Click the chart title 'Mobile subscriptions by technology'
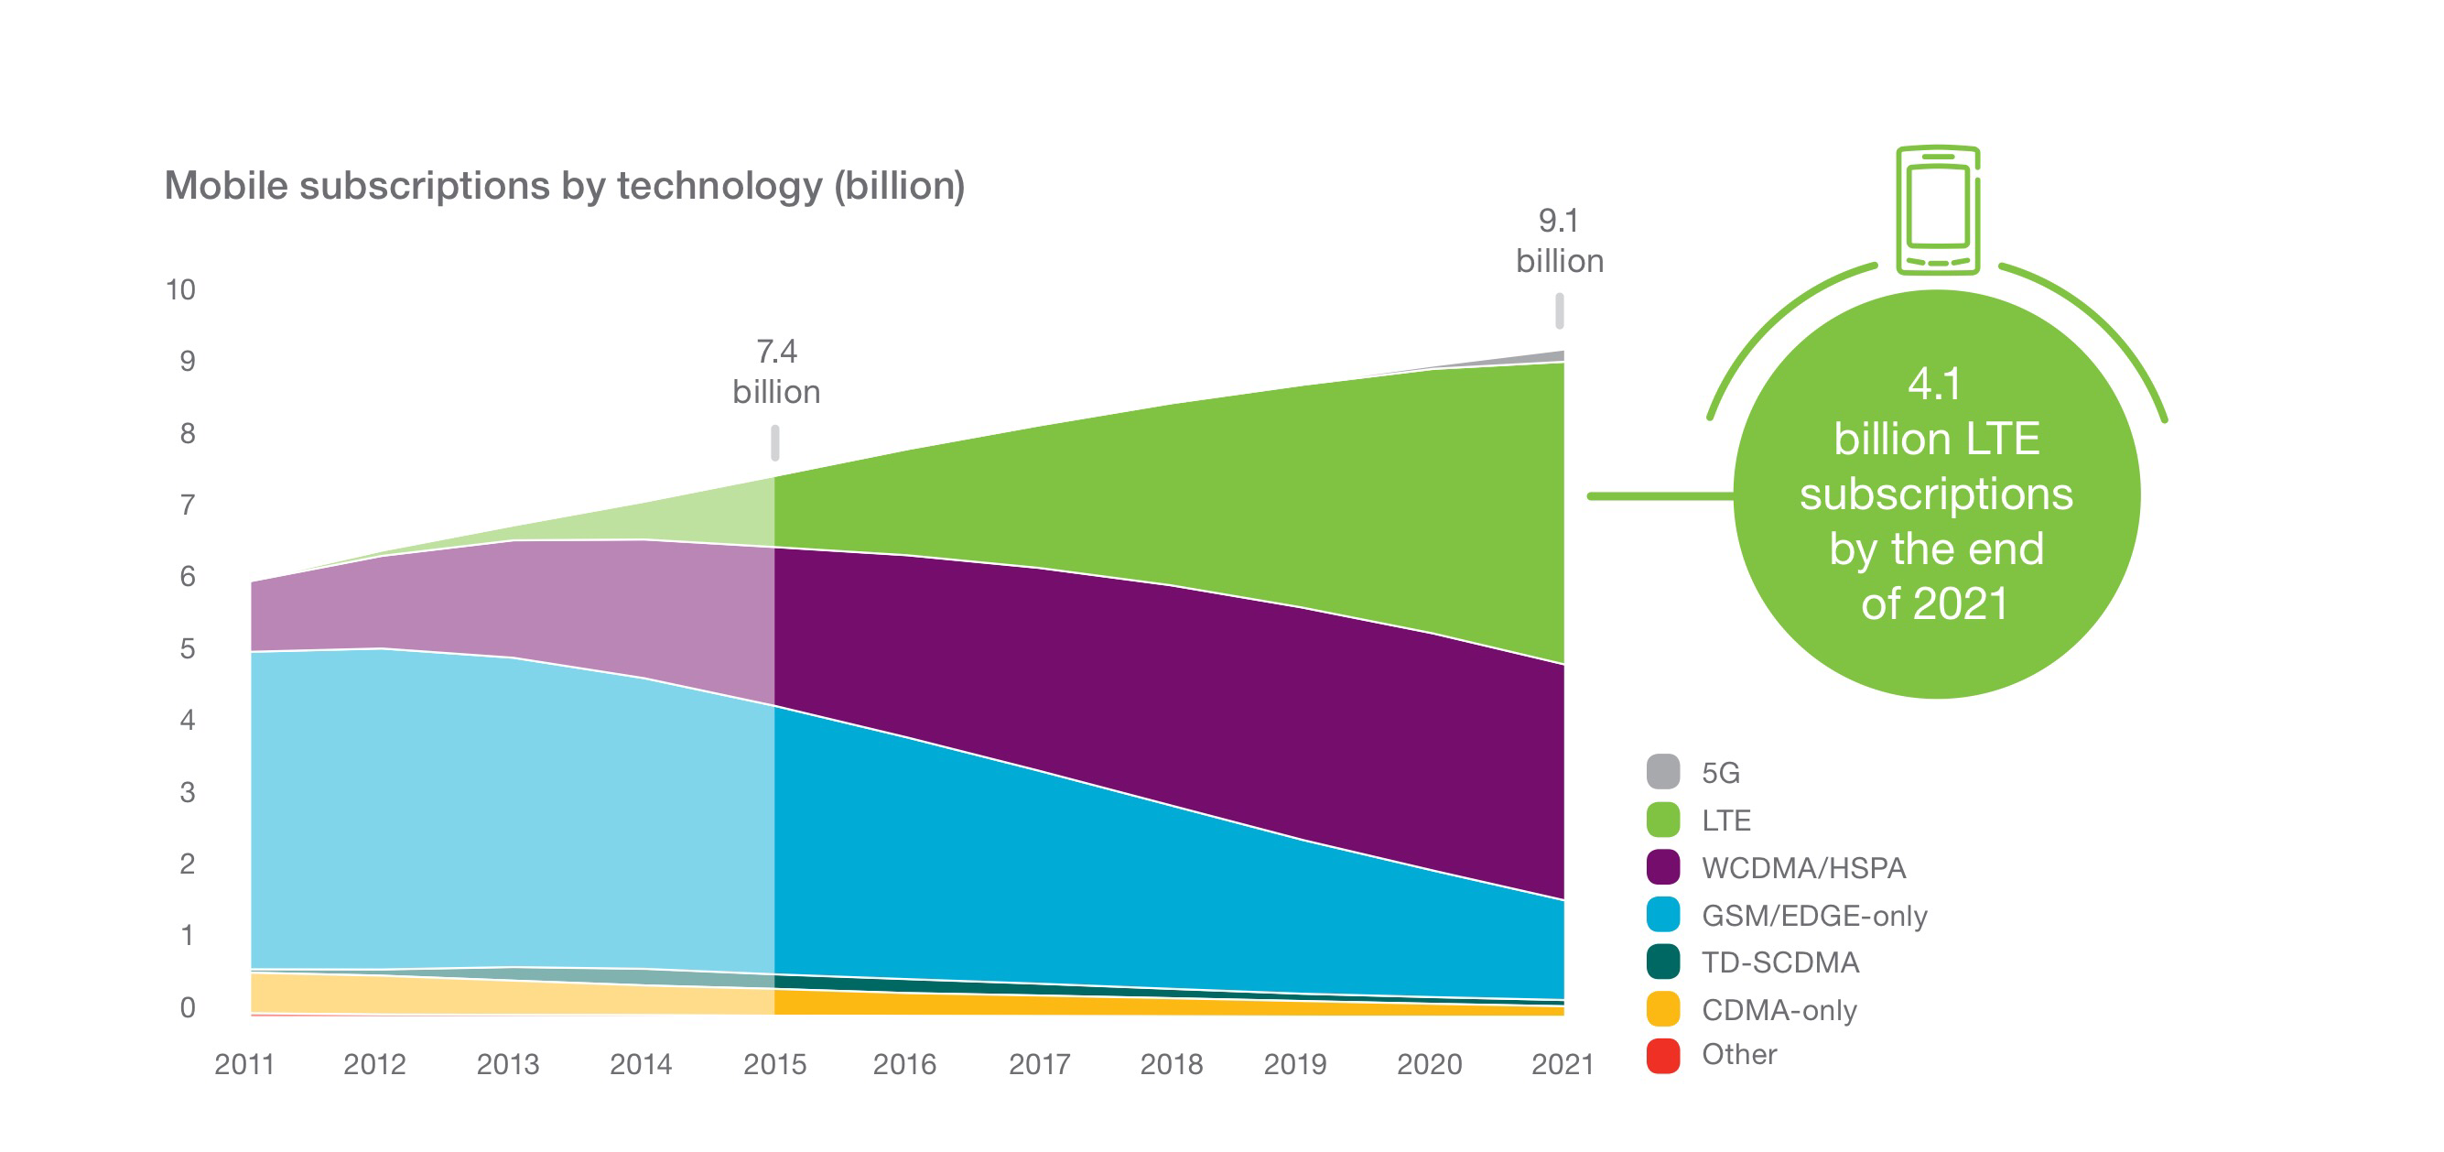click(x=565, y=186)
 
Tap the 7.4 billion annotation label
click(x=776, y=372)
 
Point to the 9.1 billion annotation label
click(x=1559, y=241)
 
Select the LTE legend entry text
click(x=1725, y=820)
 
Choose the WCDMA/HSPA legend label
click(x=1802, y=867)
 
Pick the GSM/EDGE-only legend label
click(x=1814, y=915)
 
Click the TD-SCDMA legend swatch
click(x=1662, y=962)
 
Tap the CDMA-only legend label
click(x=1779, y=1010)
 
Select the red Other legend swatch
click(x=1662, y=1055)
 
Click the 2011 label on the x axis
click(x=243, y=1065)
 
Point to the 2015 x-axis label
click(x=774, y=1065)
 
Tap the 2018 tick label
click(x=1171, y=1065)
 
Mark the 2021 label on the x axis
click(x=1562, y=1065)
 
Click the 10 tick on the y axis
click(x=180, y=289)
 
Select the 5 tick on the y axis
click(x=187, y=648)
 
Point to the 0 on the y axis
click(x=187, y=1006)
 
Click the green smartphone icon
click(x=1938, y=210)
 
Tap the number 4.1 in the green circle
click(x=1934, y=384)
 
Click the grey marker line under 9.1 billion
click(x=1559, y=311)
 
